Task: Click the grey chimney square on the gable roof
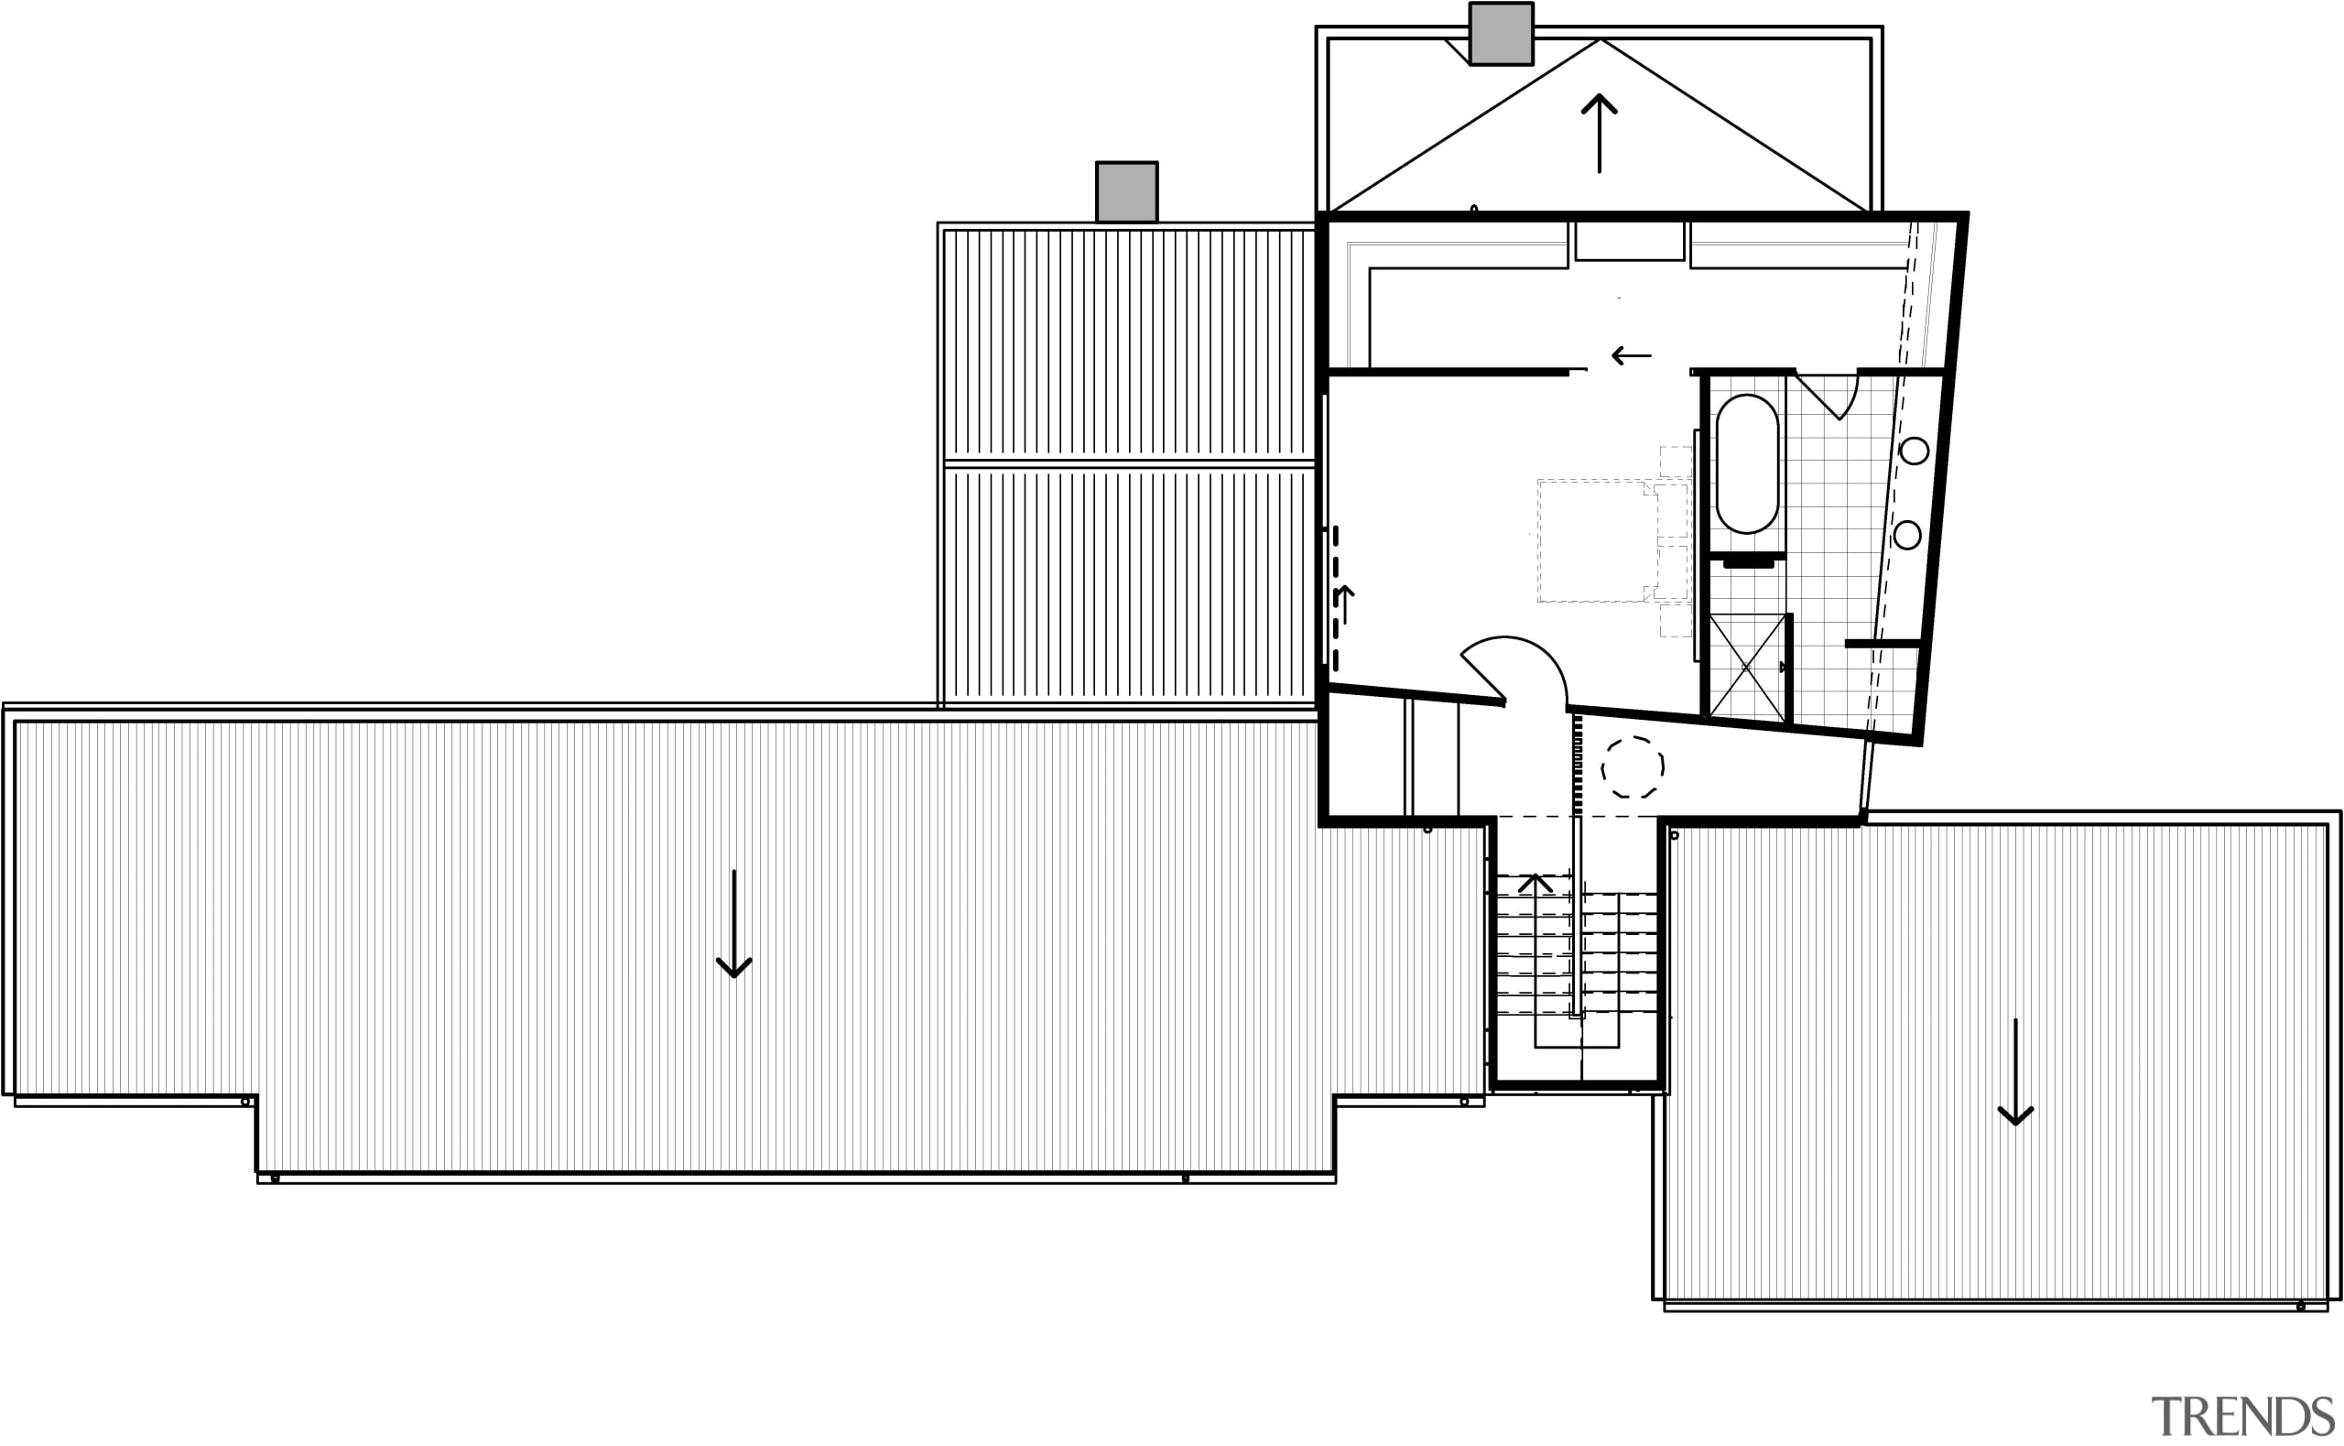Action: [1501, 34]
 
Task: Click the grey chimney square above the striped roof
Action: [1126, 192]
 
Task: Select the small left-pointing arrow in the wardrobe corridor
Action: [1631, 355]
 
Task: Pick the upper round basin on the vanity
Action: [1914, 451]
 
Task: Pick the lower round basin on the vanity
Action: [1907, 536]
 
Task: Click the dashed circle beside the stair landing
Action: [1633, 766]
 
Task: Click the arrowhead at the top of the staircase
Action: [1535, 881]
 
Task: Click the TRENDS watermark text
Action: [2241, 1416]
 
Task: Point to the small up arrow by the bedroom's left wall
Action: [1345, 603]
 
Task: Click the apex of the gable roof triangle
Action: [1600, 40]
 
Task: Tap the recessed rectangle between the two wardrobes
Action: [1629, 240]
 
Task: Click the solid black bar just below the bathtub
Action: [1748, 564]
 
